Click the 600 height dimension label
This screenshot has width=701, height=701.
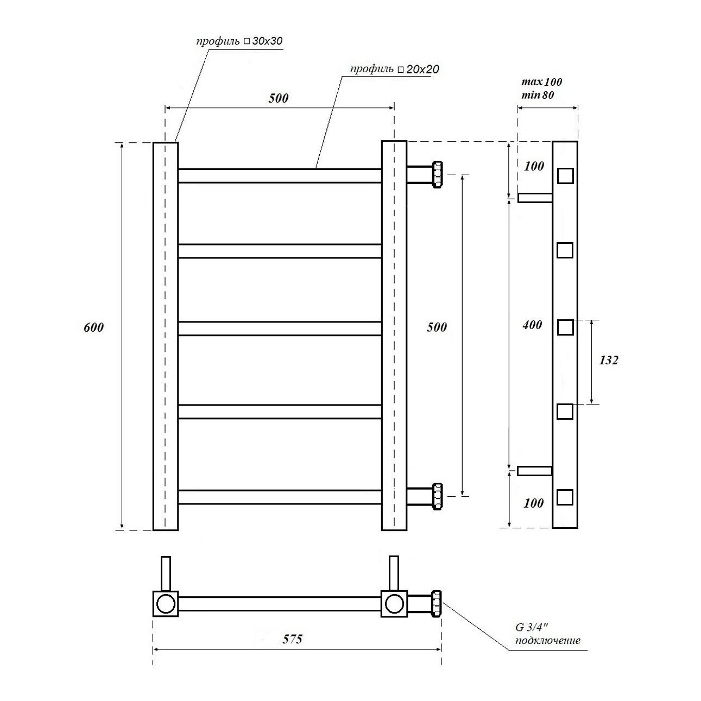coord(94,327)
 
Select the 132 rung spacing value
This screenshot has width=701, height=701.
coord(609,360)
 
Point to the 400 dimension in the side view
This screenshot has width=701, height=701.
coord(532,325)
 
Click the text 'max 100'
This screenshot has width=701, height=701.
coord(542,82)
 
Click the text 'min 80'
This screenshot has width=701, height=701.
coord(538,96)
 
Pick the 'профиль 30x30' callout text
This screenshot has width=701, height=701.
coord(239,41)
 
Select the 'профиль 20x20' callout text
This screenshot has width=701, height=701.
coord(394,69)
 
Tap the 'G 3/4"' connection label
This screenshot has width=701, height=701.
coord(532,628)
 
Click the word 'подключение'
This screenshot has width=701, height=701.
coord(547,641)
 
